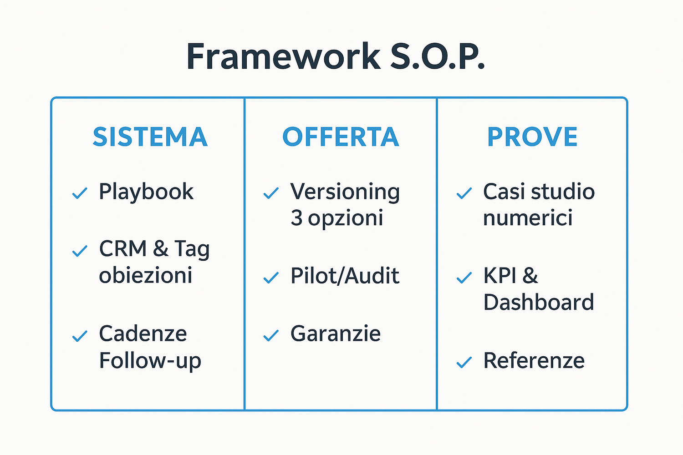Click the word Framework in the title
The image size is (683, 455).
[x=283, y=57]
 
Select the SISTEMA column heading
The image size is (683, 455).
[x=150, y=137]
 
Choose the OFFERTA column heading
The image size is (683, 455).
[x=341, y=137]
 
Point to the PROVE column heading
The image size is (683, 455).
[x=532, y=137]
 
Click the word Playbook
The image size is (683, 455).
[x=146, y=192]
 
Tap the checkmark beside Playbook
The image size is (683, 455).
[x=80, y=193]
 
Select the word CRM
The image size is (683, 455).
[x=123, y=249]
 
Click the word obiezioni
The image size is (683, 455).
[x=146, y=276]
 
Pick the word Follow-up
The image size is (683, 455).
[x=150, y=361]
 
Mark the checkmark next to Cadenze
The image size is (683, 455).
[x=80, y=336]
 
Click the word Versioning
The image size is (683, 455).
[x=345, y=192]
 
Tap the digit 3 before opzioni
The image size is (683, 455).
[x=296, y=218]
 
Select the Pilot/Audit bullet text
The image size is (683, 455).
[x=345, y=276]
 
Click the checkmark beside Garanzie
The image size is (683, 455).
[x=271, y=336]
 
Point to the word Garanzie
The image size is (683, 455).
[x=336, y=334]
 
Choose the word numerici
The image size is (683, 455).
[x=528, y=218]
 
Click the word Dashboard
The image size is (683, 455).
[x=539, y=302]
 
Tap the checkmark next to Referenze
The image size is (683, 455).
[x=464, y=363]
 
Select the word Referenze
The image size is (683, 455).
[x=534, y=361]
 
